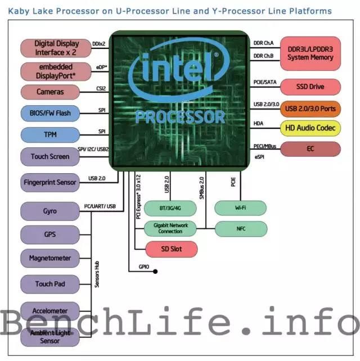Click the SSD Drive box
click(310, 87)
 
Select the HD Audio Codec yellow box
click(310, 128)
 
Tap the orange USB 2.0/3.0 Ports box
click(310, 109)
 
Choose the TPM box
click(50, 135)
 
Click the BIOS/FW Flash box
click(50, 113)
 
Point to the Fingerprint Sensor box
click(50, 183)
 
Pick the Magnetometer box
click(50, 258)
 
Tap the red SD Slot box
click(172, 249)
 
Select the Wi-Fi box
click(240, 208)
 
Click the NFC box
click(241, 229)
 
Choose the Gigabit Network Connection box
click(170, 228)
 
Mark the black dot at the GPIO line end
click(155, 272)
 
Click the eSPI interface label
click(259, 157)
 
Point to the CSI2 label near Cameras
click(101, 89)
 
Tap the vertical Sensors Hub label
click(97, 274)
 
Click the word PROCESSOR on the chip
click(181, 117)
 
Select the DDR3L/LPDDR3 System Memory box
click(310, 53)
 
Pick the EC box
click(310, 149)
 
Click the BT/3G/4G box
click(170, 209)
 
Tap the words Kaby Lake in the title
click(30, 11)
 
